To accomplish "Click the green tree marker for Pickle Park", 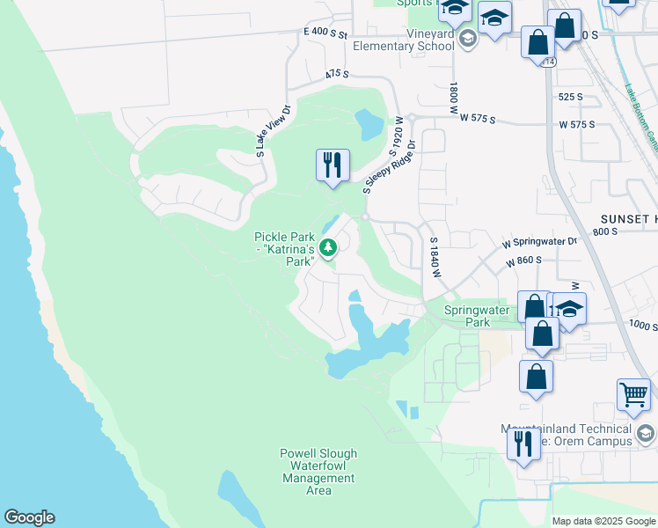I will (x=328, y=248).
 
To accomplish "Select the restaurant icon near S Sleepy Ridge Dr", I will (x=333, y=165).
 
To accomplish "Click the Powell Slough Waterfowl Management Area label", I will (x=318, y=472).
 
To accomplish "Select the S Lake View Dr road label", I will (x=273, y=132).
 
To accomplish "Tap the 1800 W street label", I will (x=454, y=99).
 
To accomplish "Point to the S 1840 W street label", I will (x=434, y=257).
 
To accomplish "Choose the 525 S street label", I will (x=571, y=97).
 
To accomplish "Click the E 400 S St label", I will (x=326, y=32).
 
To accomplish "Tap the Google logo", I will (x=29, y=517).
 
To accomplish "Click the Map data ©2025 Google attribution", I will (x=603, y=521).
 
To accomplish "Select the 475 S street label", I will (x=337, y=75).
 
